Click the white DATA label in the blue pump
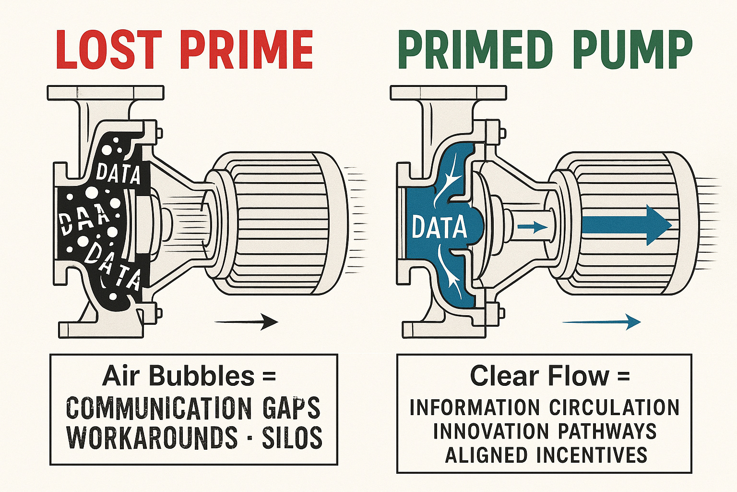click(x=439, y=227)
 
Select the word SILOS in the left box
click(x=292, y=438)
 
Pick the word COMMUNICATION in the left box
click(x=158, y=408)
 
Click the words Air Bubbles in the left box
click(x=178, y=376)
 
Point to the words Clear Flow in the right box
click(x=539, y=376)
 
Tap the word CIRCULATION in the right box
click(x=615, y=407)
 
